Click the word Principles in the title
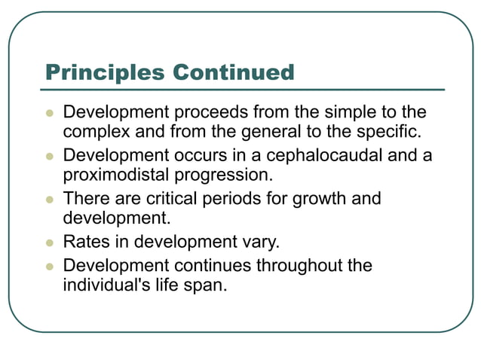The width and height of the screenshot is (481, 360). [x=105, y=72]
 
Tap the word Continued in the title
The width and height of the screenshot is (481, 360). [x=233, y=72]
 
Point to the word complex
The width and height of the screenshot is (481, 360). [x=96, y=133]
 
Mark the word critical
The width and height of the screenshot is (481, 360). [x=180, y=200]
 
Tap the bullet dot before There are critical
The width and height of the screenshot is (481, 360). [x=51, y=200]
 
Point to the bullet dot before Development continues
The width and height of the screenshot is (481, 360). [x=51, y=267]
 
